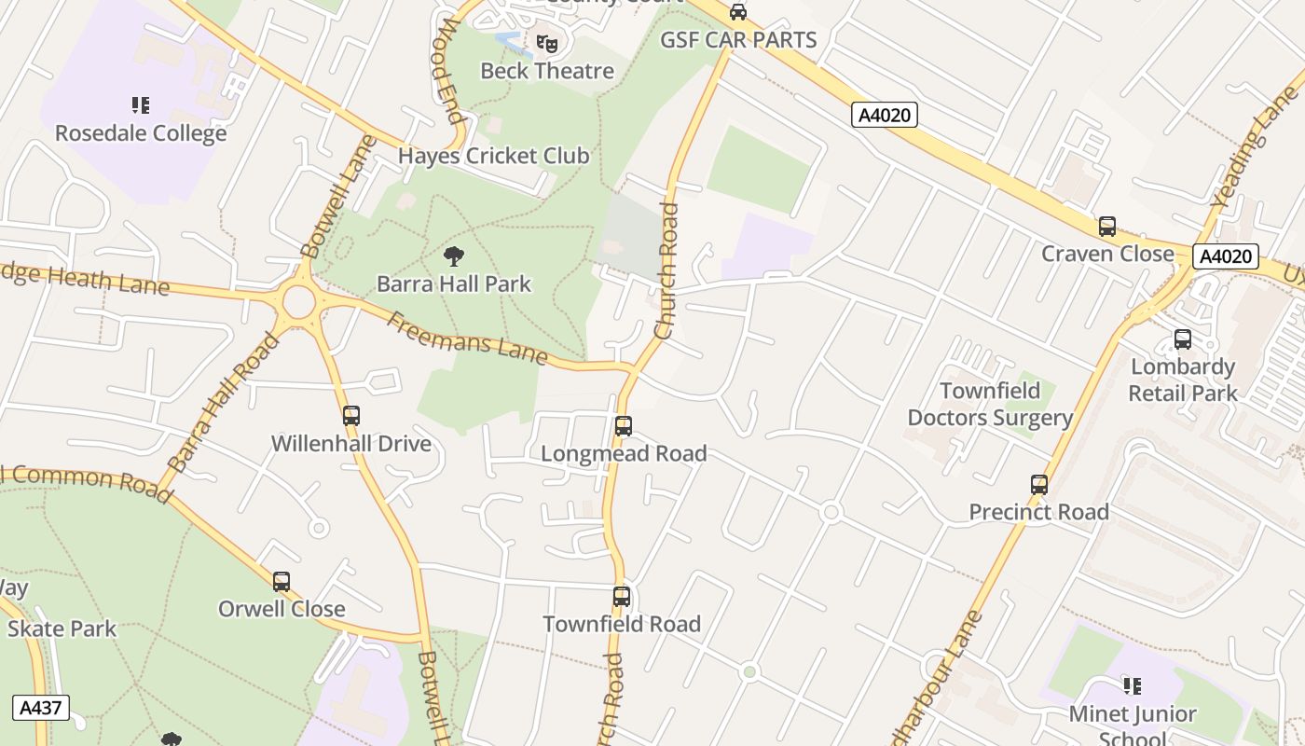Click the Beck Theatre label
(x=546, y=71)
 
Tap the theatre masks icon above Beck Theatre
(x=547, y=43)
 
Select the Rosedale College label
(x=141, y=133)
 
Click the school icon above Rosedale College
(x=141, y=105)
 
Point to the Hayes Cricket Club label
(x=493, y=156)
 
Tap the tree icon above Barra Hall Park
(x=454, y=256)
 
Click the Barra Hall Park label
(x=454, y=283)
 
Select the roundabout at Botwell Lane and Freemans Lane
(x=298, y=301)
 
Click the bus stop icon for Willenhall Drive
(x=351, y=416)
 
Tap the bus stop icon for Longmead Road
(x=624, y=426)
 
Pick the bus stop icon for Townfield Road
(x=622, y=597)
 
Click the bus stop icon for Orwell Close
(x=282, y=582)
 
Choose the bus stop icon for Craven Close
(x=1107, y=227)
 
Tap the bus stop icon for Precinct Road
(x=1039, y=485)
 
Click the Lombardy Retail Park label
(x=1183, y=380)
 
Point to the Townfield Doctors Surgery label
(x=990, y=404)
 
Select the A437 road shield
(x=41, y=707)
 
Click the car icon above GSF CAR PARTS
(x=738, y=12)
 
